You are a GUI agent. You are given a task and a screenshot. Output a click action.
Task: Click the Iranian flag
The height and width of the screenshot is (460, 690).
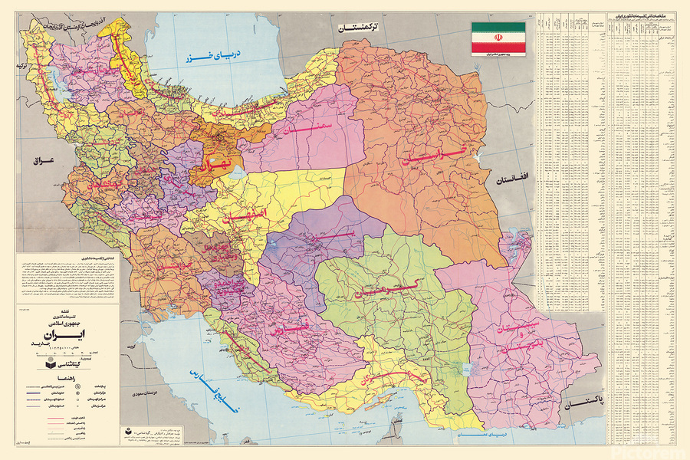[x=498, y=38]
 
